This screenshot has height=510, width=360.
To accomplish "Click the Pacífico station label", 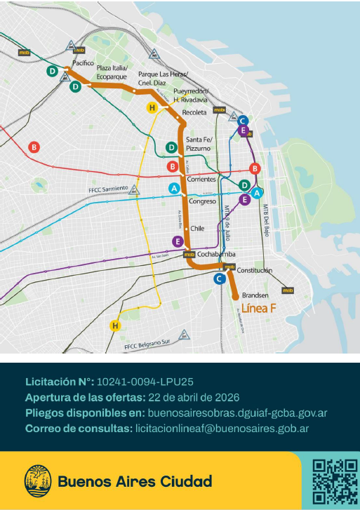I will click(83, 62).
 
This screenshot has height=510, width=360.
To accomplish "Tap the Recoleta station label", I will click(194, 112).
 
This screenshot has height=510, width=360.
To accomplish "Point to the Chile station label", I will click(197, 228).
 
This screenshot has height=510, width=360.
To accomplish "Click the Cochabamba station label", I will click(216, 253).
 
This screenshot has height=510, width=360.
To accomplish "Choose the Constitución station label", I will click(254, 270).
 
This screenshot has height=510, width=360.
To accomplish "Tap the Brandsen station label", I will click(255, 295).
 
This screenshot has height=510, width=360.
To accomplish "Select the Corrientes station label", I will click(201, 180).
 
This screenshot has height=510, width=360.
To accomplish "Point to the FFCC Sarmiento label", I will click(108, 189).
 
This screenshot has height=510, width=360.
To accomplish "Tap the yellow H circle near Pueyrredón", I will click(152, 107).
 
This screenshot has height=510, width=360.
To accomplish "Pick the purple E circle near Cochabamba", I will click(177, 241).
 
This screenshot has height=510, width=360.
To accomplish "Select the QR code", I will click(334, 481).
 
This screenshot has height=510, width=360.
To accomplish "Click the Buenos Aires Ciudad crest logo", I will click(37, 481).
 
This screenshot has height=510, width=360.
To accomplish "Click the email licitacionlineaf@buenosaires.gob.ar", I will click(222, 428).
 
